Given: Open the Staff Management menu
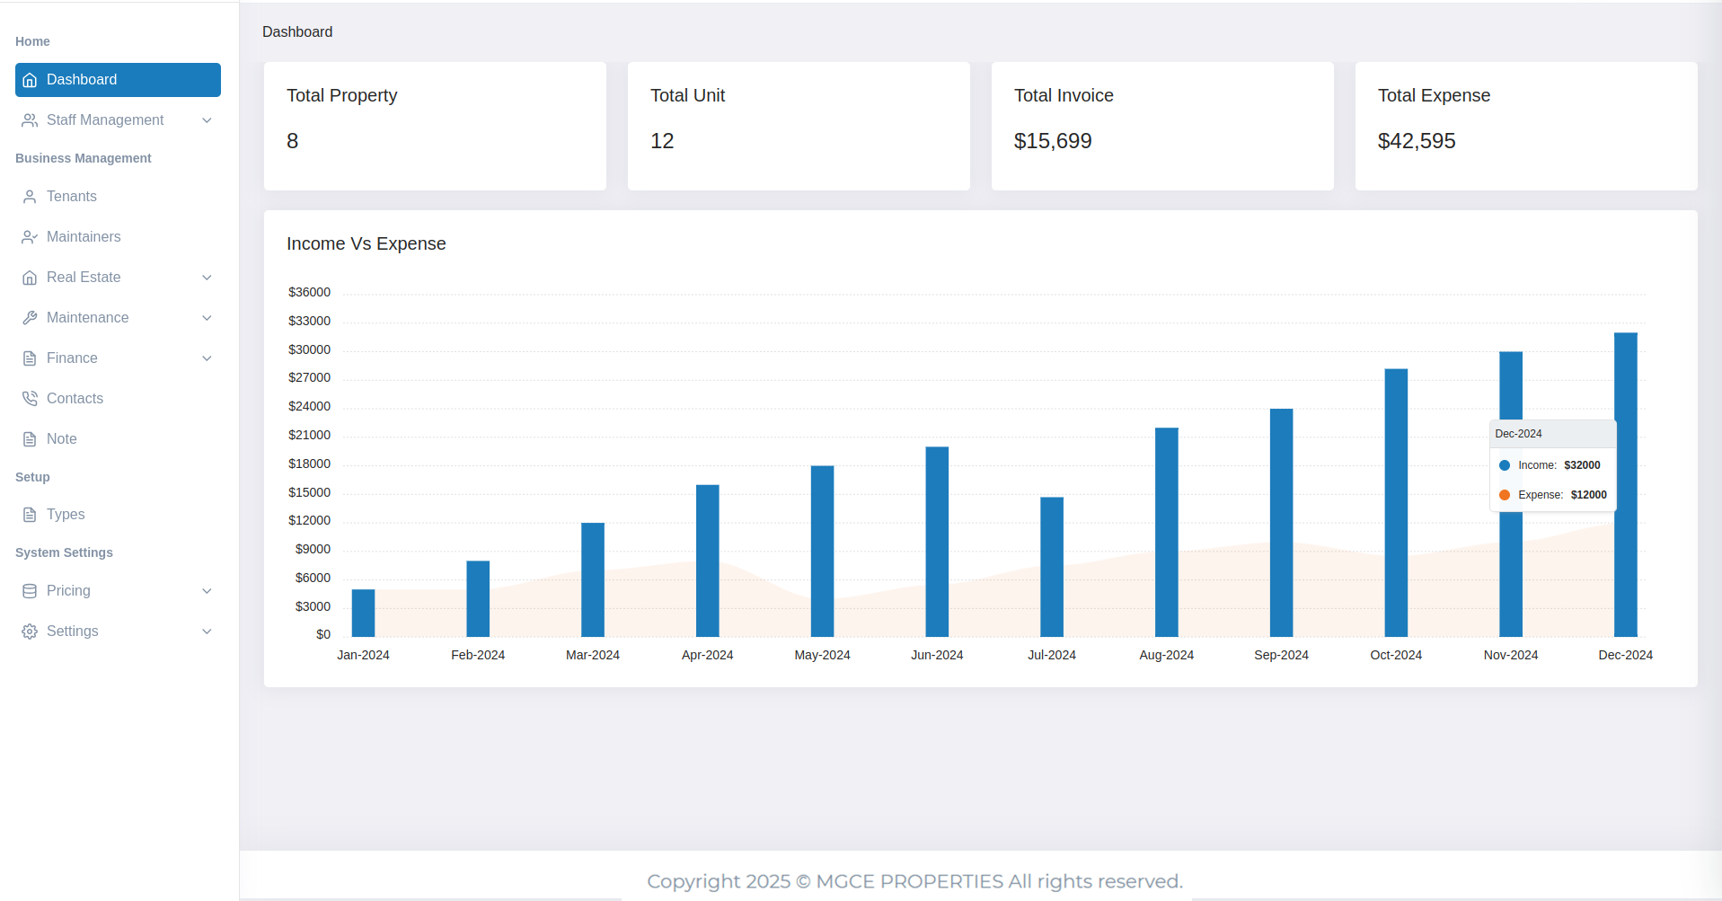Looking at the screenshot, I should point(105,120).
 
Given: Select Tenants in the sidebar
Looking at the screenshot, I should point(72,197).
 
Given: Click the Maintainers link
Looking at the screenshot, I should point(84,237).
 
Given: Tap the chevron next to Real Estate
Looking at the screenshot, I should point(207,278).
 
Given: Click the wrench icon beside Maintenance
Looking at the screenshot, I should point(30,318).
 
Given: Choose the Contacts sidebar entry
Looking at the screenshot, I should point(75,399).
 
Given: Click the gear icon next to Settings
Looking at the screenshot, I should point(30,632).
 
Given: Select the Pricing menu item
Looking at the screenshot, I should point(68,591).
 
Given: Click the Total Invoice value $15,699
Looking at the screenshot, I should point(1053,141).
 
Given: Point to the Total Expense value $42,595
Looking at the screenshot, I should point(1417,141).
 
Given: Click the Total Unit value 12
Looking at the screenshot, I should point(662,141).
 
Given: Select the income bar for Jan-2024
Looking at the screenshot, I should point(363,614).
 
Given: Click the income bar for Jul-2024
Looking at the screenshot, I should point(1052,567).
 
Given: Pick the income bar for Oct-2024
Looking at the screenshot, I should point(1396,503).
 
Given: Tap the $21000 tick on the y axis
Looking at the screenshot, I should point(309,436).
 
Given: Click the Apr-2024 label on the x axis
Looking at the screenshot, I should point(707,656).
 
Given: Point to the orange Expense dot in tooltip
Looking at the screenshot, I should point(1505,495).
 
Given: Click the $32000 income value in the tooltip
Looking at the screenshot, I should point(1582,465).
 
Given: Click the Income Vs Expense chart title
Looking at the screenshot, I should point(366,244).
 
